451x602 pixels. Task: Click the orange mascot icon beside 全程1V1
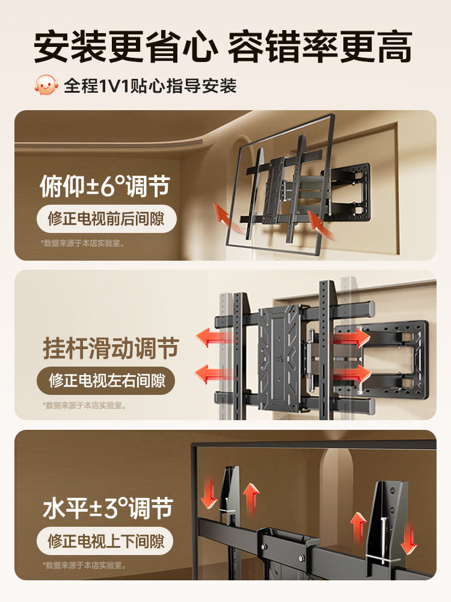[x=46, y=85]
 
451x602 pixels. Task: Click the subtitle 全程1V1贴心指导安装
[x=150, y=85]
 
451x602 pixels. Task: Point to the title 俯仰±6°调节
[x=105, y=187]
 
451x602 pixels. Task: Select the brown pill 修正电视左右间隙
[x=106, y=380]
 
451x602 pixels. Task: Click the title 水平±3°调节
[x=108, y=509]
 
